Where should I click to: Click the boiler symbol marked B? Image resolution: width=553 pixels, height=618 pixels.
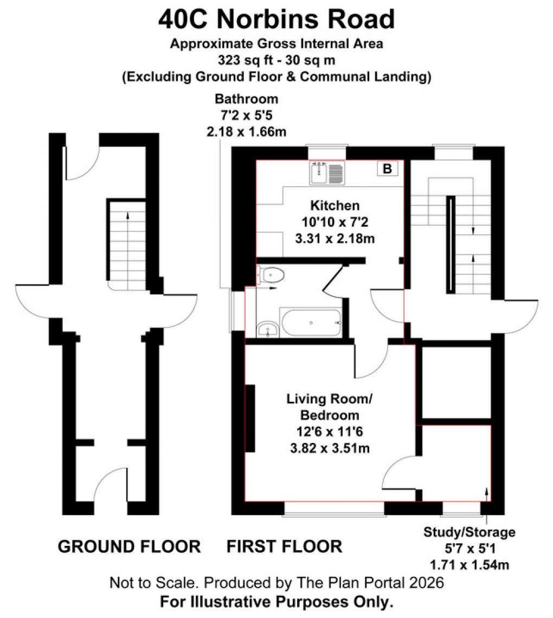pyautogui.click(x=387, y=169)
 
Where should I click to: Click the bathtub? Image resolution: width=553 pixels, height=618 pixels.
pyautogui.click(x=311, y=323)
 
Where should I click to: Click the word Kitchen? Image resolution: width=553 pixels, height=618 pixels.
pyautogui.click(x=335, y=206)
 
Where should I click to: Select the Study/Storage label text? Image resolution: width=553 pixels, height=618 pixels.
pyautogui.click(x=470, y=532)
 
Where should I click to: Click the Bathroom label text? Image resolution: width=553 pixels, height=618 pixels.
pyautogui.click(x=247, y=99)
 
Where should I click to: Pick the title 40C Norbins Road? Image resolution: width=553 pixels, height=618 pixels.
pyautogui.click(x=276, y=20)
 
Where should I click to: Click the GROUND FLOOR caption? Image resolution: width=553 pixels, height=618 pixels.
pyautogui.click(x=129, y=546)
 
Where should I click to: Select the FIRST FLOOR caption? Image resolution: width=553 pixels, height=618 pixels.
pyautogui.click(x=284, y=546)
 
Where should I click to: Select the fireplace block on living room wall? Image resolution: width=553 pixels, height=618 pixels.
pyautogui.click(x=250, y=418)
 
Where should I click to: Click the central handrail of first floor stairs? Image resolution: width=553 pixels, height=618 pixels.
pyautogui.click(x=450, y=244)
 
